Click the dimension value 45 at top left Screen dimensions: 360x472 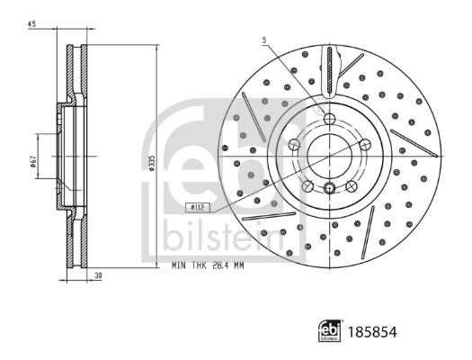coord(31,25)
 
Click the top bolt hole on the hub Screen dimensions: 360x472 coord(328,119)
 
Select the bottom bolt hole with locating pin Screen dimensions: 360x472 coord(329,188)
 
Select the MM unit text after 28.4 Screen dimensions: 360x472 coord(239,266)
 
